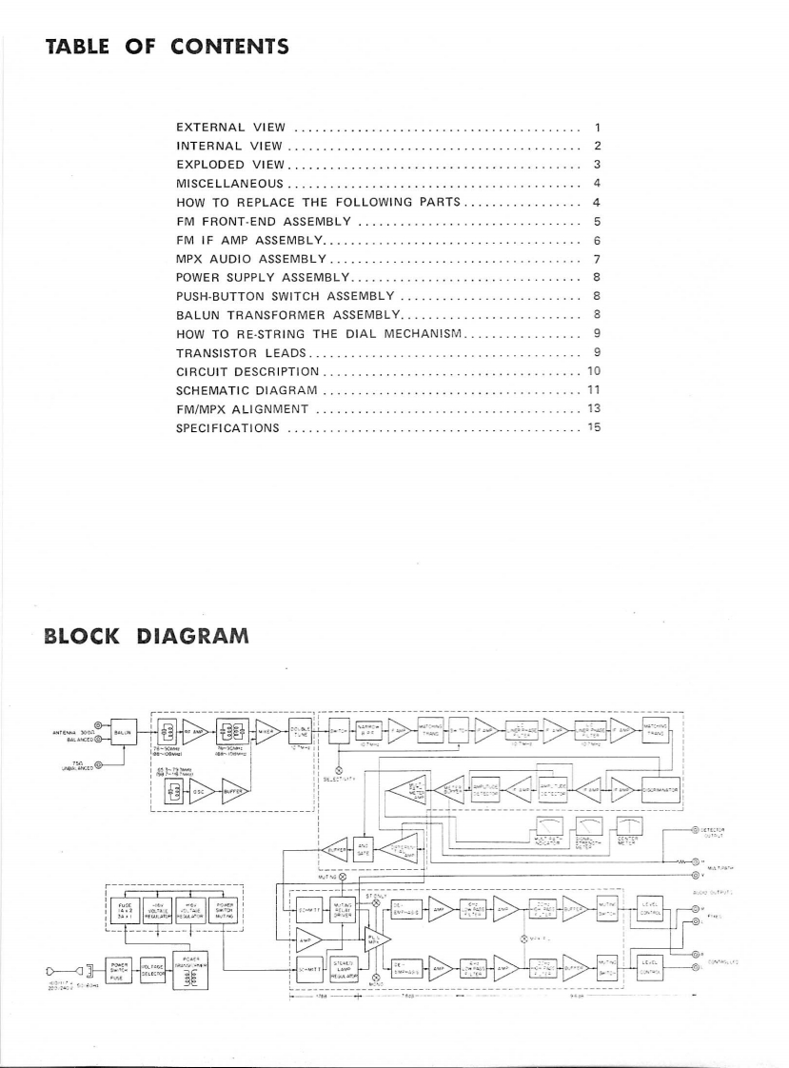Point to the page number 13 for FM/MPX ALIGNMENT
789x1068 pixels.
592,408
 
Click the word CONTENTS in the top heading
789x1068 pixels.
223,47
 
